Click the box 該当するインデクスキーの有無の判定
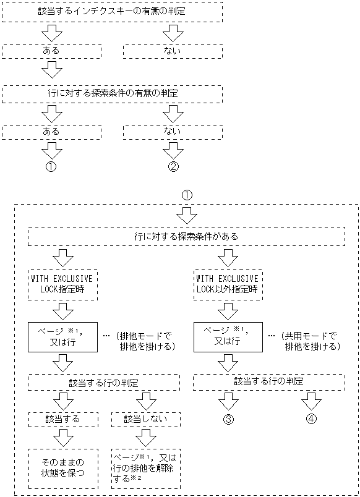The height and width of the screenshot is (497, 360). tap(112, 11)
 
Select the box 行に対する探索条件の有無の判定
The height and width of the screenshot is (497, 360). tap(112, 93)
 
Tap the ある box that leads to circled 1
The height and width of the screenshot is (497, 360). tap(51, 132)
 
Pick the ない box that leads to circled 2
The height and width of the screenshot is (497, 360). tap(173, 132)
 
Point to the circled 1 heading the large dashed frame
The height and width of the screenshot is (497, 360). tap(187, 195)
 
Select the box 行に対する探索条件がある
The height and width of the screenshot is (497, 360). tap(186, 236)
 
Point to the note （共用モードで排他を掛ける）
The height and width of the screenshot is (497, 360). tap(309, 341)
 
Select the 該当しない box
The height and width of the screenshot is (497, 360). tap(145, 418)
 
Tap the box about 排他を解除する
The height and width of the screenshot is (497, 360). tap(145, 468)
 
